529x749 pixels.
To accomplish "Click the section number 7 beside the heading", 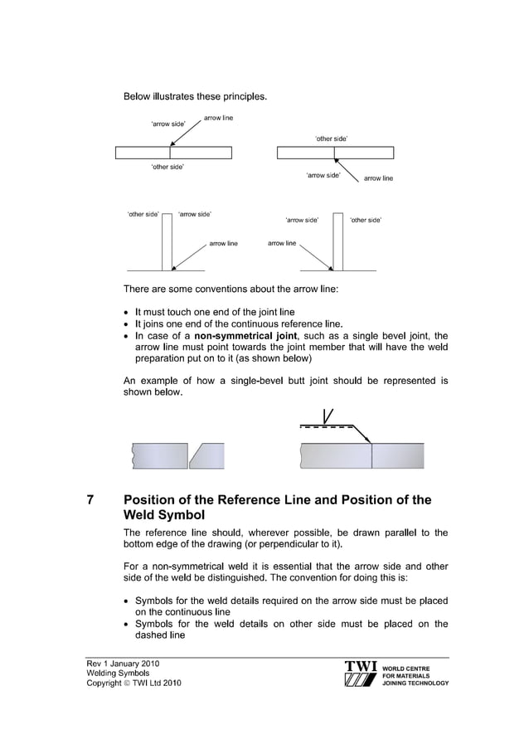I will [x=90, y=500].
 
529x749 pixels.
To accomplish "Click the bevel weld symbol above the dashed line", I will [x=328, y=417].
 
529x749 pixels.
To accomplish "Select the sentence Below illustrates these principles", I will [x=195, y=97].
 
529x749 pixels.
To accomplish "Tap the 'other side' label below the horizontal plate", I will [x=167, y=167].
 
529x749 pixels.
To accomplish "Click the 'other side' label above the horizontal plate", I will [x=331, y=139].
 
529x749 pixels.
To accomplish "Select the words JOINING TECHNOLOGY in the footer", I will [x=417, y=683].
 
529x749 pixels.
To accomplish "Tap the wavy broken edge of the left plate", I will [x=132, y=455].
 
